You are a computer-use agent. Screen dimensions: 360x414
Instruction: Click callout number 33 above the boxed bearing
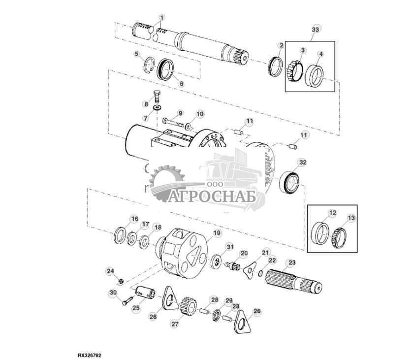point(315,30)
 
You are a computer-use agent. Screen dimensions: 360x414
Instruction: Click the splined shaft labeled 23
point(294,281)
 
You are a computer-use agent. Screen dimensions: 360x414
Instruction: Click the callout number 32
point(302,162)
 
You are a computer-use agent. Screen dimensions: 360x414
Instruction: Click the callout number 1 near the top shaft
point(161,18)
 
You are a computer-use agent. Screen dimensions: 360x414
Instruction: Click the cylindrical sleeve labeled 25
point(145,294)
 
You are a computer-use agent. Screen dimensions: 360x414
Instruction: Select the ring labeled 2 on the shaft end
point(275,66)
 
